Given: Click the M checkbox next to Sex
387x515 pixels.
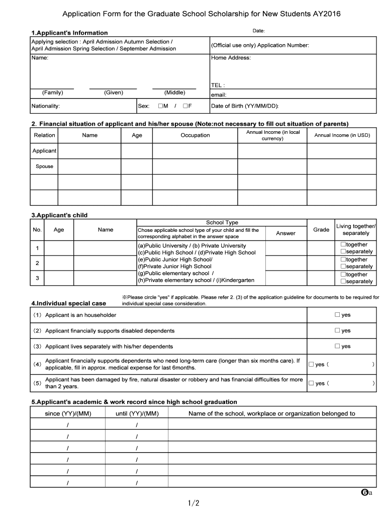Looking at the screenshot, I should pos(160,106).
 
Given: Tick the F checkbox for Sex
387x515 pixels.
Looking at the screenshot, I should pos(185,106).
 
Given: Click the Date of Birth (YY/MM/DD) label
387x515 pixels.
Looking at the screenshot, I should pos(244,106).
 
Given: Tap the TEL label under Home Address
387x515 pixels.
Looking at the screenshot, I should pos(218,85).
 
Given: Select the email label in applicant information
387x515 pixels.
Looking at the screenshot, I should pos(219,95).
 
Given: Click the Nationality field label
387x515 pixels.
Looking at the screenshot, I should pos(46,106).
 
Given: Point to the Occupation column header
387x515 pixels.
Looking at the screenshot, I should pos(195,135).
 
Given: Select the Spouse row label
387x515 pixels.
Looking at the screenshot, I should pos(44,166).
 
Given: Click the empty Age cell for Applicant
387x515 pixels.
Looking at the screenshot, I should pos(137,151).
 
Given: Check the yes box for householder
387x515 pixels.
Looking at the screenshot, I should pos(338,315).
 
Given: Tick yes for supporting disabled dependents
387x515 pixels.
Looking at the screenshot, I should pos(338,330).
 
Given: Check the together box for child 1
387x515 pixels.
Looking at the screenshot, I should pos(343,244).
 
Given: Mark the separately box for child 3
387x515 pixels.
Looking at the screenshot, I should pos(343,282).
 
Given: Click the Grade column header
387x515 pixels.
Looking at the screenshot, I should pos(321,229).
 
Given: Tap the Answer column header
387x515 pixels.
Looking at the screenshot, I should pos(286,233).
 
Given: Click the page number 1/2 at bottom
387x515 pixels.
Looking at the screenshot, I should pos(193,503).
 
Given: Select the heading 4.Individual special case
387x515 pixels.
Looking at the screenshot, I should pos(68,303).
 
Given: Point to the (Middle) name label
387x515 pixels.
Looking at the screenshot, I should pos(174,93).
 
